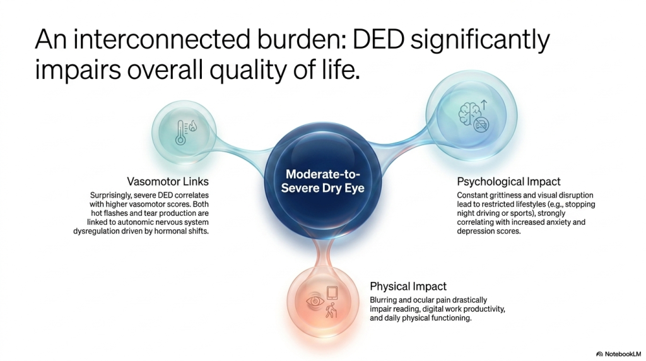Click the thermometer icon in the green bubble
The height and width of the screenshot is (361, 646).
pos(180,133)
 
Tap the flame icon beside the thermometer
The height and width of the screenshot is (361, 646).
pos(193,126)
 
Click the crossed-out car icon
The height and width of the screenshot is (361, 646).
pos(481,123)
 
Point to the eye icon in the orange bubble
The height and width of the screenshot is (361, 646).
pos(315,302)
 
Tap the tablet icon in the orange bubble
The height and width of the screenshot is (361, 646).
pos(332,293)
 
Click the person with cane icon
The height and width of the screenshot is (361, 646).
pos(331,311)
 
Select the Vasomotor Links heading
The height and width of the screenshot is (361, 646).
pos(168,181)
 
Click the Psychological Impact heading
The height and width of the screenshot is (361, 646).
pos(509,181)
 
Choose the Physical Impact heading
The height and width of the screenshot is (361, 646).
pos(408,286)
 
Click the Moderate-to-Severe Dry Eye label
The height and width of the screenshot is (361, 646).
pos(322,181)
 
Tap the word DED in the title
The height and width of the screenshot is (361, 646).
pos(379,40)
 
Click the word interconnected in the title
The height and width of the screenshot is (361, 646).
pos(161,40)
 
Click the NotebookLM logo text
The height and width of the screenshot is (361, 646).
pos(622,354)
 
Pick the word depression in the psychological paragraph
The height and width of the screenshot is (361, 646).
pos(474,231)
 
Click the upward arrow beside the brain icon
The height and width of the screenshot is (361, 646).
pos(484,105)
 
